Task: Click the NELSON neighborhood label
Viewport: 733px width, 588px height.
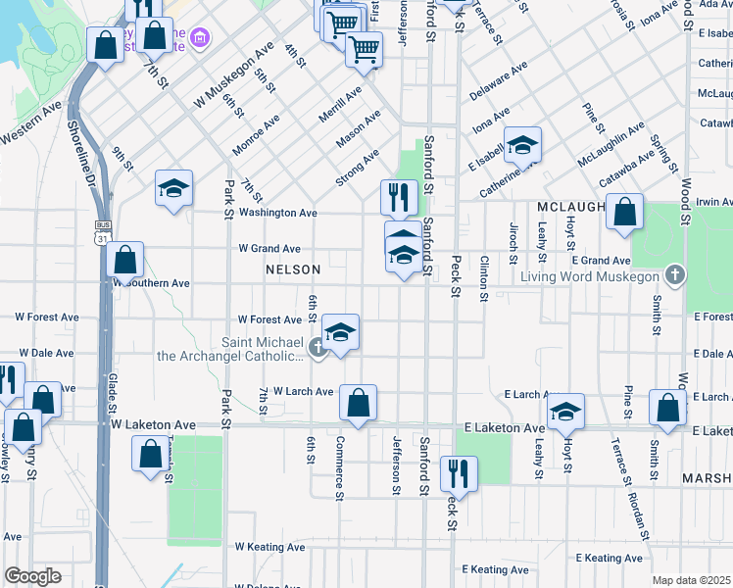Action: (x=294, y=269)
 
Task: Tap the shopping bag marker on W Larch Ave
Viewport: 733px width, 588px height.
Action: (x=359, y=403)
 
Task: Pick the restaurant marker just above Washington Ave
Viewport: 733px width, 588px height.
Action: (x=400, y=197)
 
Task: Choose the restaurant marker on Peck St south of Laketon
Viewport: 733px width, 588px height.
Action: (x=459, y=474)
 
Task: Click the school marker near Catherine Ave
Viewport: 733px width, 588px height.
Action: (x=523, y=145)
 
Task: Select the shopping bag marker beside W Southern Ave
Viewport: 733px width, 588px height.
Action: (x=125, y=261)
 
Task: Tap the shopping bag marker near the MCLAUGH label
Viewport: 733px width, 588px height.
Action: (x=624, y=213)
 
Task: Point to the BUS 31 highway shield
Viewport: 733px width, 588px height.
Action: (x=103, y=231)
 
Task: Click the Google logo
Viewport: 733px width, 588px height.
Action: (x=32, y=576)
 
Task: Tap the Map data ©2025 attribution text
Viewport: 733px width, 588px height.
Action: (x=692, y=580)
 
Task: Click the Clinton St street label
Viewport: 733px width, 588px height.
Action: (x=484, y=277)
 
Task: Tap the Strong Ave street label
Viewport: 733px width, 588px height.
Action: (x=357, y=165)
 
